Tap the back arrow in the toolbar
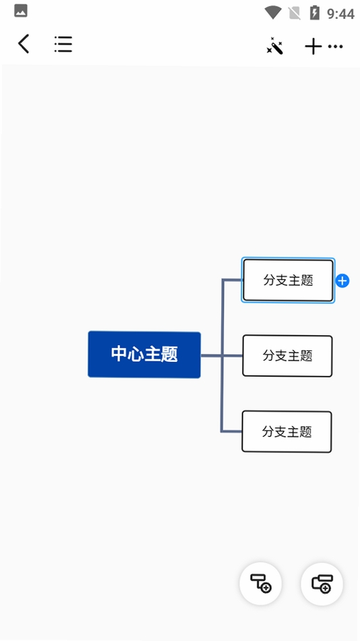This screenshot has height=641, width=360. pyautogui.click(x=24, y=44)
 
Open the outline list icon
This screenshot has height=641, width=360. pyautogui.click(x=63, y=44)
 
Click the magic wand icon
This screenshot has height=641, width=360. pyautogui.click(x=274, y=45)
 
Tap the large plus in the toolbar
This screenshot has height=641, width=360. pyautogui.click(x=313, y=47)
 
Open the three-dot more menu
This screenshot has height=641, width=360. pyautogui.click(x=336, y=47)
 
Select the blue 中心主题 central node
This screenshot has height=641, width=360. pyautogui.click(x=144, y=355)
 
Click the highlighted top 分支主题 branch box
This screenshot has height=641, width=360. pyautogui.click(x=288, y=280)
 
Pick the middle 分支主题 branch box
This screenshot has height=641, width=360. pyautogui.click(x=287, y=356)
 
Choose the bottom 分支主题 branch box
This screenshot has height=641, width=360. pyautogui.click(x=287, y=431)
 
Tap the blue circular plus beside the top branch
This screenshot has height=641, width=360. pyautogui.click(x=342, y=281)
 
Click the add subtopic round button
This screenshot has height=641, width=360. pyautogui.click(x=261, y=583)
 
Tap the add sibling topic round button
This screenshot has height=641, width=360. pyautogui.click(x=322, y=583)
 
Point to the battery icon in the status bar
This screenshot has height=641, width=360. pyautogui.click(x=314, y=13)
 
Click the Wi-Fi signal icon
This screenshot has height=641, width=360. pyautogui.click(x=272, y=13)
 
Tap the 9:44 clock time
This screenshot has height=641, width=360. pyautogui.click(x=340, y=13)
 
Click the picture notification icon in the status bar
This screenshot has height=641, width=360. pyautogui.click(x=21, y=11)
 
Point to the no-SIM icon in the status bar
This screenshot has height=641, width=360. pyautogui.click(x=294, y=13)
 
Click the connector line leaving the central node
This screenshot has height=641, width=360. pyautogui.click(x=211, y=356)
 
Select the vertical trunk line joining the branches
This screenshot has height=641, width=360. pyautogui.click(x=222, y=355)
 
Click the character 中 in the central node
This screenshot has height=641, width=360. pyautogui.click(x=119, y=354)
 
